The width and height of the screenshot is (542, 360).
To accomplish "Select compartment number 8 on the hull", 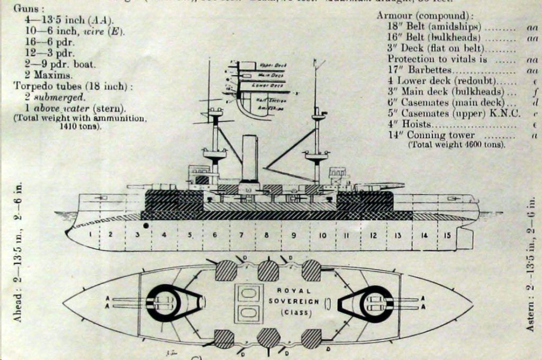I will click(267, 235).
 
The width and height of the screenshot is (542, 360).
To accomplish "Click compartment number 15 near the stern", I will click(447, 235).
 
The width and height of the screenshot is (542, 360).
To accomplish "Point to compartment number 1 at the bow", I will click(91, 233).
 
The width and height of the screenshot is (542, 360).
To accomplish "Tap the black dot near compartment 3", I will click(145, 226).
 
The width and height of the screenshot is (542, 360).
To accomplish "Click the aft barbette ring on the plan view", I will click(376, 303).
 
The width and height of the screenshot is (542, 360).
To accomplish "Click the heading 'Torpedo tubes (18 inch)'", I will click(73, 86).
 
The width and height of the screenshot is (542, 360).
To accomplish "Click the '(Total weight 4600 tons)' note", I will click(456, 145).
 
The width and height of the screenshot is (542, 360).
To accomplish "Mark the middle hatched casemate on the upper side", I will click(268, 271).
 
